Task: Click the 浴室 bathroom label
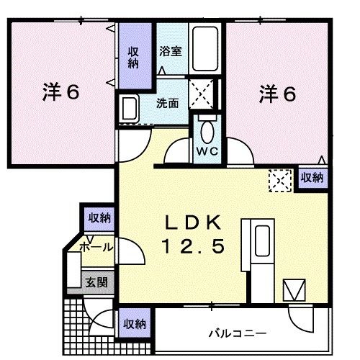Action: click(170, 53)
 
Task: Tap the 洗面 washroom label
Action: click(169, 103)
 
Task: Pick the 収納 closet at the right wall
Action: click(312, 176)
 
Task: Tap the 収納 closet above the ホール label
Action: click(99, 217)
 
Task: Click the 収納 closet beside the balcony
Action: click(134, 323)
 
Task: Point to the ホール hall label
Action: click(95, 247)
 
